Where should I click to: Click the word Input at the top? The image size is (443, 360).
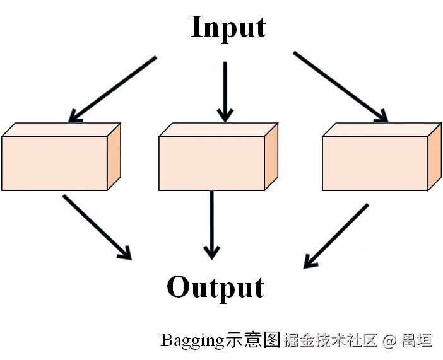point(228,28)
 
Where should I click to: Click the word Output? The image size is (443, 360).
point(215,287)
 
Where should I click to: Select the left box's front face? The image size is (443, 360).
point(54,163)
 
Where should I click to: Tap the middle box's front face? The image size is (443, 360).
point(211,163)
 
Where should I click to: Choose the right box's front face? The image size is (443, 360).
point(375,163)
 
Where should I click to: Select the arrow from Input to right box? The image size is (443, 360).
point(340,86)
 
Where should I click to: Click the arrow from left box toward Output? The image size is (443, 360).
point(96,226)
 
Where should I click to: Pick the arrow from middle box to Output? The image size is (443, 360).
point(212,223)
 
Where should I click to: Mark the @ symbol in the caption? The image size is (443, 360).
point(389,341)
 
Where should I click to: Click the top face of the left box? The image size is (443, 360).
point(62,129)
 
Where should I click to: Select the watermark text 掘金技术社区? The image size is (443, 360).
point(331,341)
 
